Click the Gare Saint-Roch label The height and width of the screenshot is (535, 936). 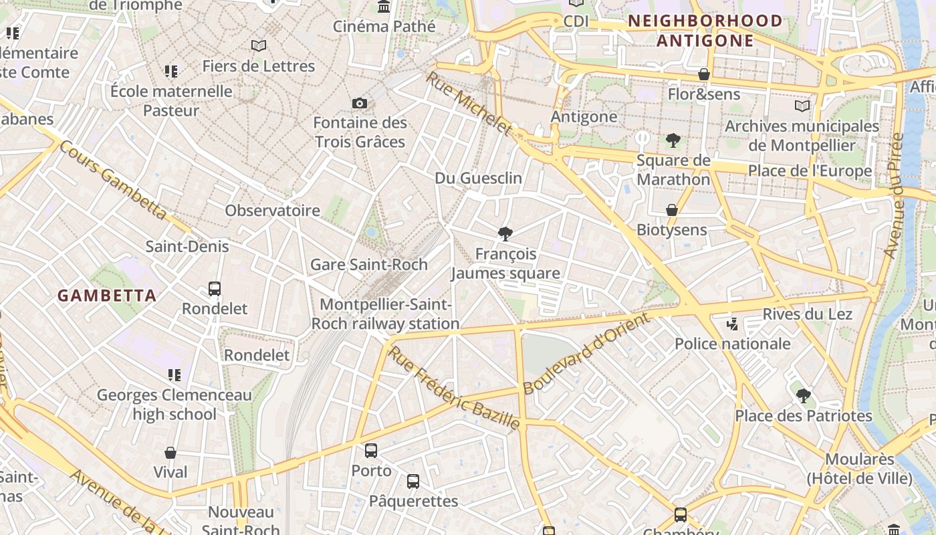[368, 264]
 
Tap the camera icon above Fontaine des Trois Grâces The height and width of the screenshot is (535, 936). [360, 103]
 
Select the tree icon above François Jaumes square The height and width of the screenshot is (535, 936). [505, 233]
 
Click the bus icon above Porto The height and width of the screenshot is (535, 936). [371, 451]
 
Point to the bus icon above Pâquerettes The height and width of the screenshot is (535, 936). [413, 481]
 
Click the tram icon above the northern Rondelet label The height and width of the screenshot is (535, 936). [215, 289]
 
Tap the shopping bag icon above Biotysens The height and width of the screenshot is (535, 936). [672, 210]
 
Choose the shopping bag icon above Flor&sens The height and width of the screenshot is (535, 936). [704, 74]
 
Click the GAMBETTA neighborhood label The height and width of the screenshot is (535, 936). [107, 296]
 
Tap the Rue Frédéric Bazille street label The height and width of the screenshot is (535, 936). [454, 388]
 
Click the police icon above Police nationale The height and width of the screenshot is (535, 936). [732, 324]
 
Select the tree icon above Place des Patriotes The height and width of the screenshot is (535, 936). [804, 396]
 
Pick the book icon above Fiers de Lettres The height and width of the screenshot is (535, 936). [259, 45]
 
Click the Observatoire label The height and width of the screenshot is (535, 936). [272, 211]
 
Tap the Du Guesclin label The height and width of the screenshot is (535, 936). [478, 178]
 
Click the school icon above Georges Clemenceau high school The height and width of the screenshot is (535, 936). [174, 375]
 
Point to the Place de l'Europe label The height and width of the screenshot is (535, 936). [810, 171]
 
